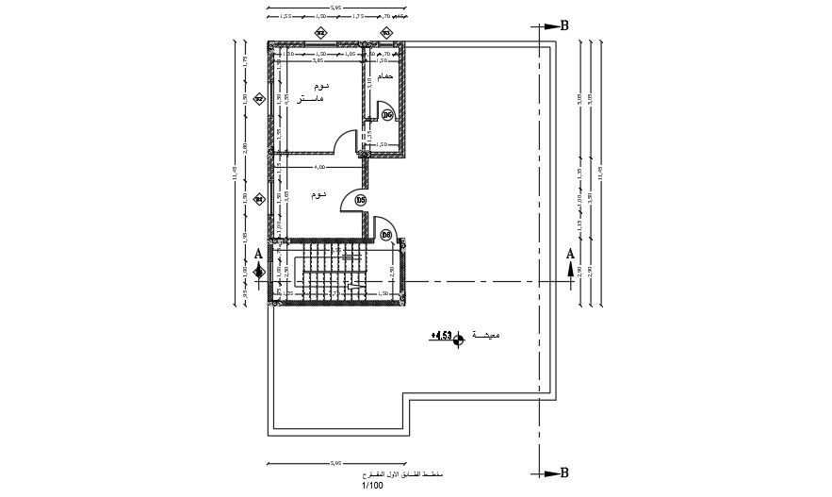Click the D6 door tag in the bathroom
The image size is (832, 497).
click(x=387, y=115)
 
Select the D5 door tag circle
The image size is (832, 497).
click(x=361, y=200)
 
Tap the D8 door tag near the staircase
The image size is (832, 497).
click(x=386, y=234)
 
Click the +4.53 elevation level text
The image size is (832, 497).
click(x=441, y=335)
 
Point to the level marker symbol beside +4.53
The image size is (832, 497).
click(x=459, y=340)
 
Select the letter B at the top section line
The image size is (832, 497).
click(x=563, y=25)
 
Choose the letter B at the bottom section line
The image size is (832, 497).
click(x=563, y=472)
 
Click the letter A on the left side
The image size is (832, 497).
click(x=259, y=253)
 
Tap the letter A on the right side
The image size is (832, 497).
click(x=570, y=253)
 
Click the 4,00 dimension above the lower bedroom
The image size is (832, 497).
click(x=320, y=167)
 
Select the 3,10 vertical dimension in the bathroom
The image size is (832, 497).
click(x=369, y=83)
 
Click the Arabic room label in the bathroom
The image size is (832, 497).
click(x=383, y=75)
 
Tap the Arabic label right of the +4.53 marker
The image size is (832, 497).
click(x=486, y=335)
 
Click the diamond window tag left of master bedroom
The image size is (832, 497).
click(x=261, y=98)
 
